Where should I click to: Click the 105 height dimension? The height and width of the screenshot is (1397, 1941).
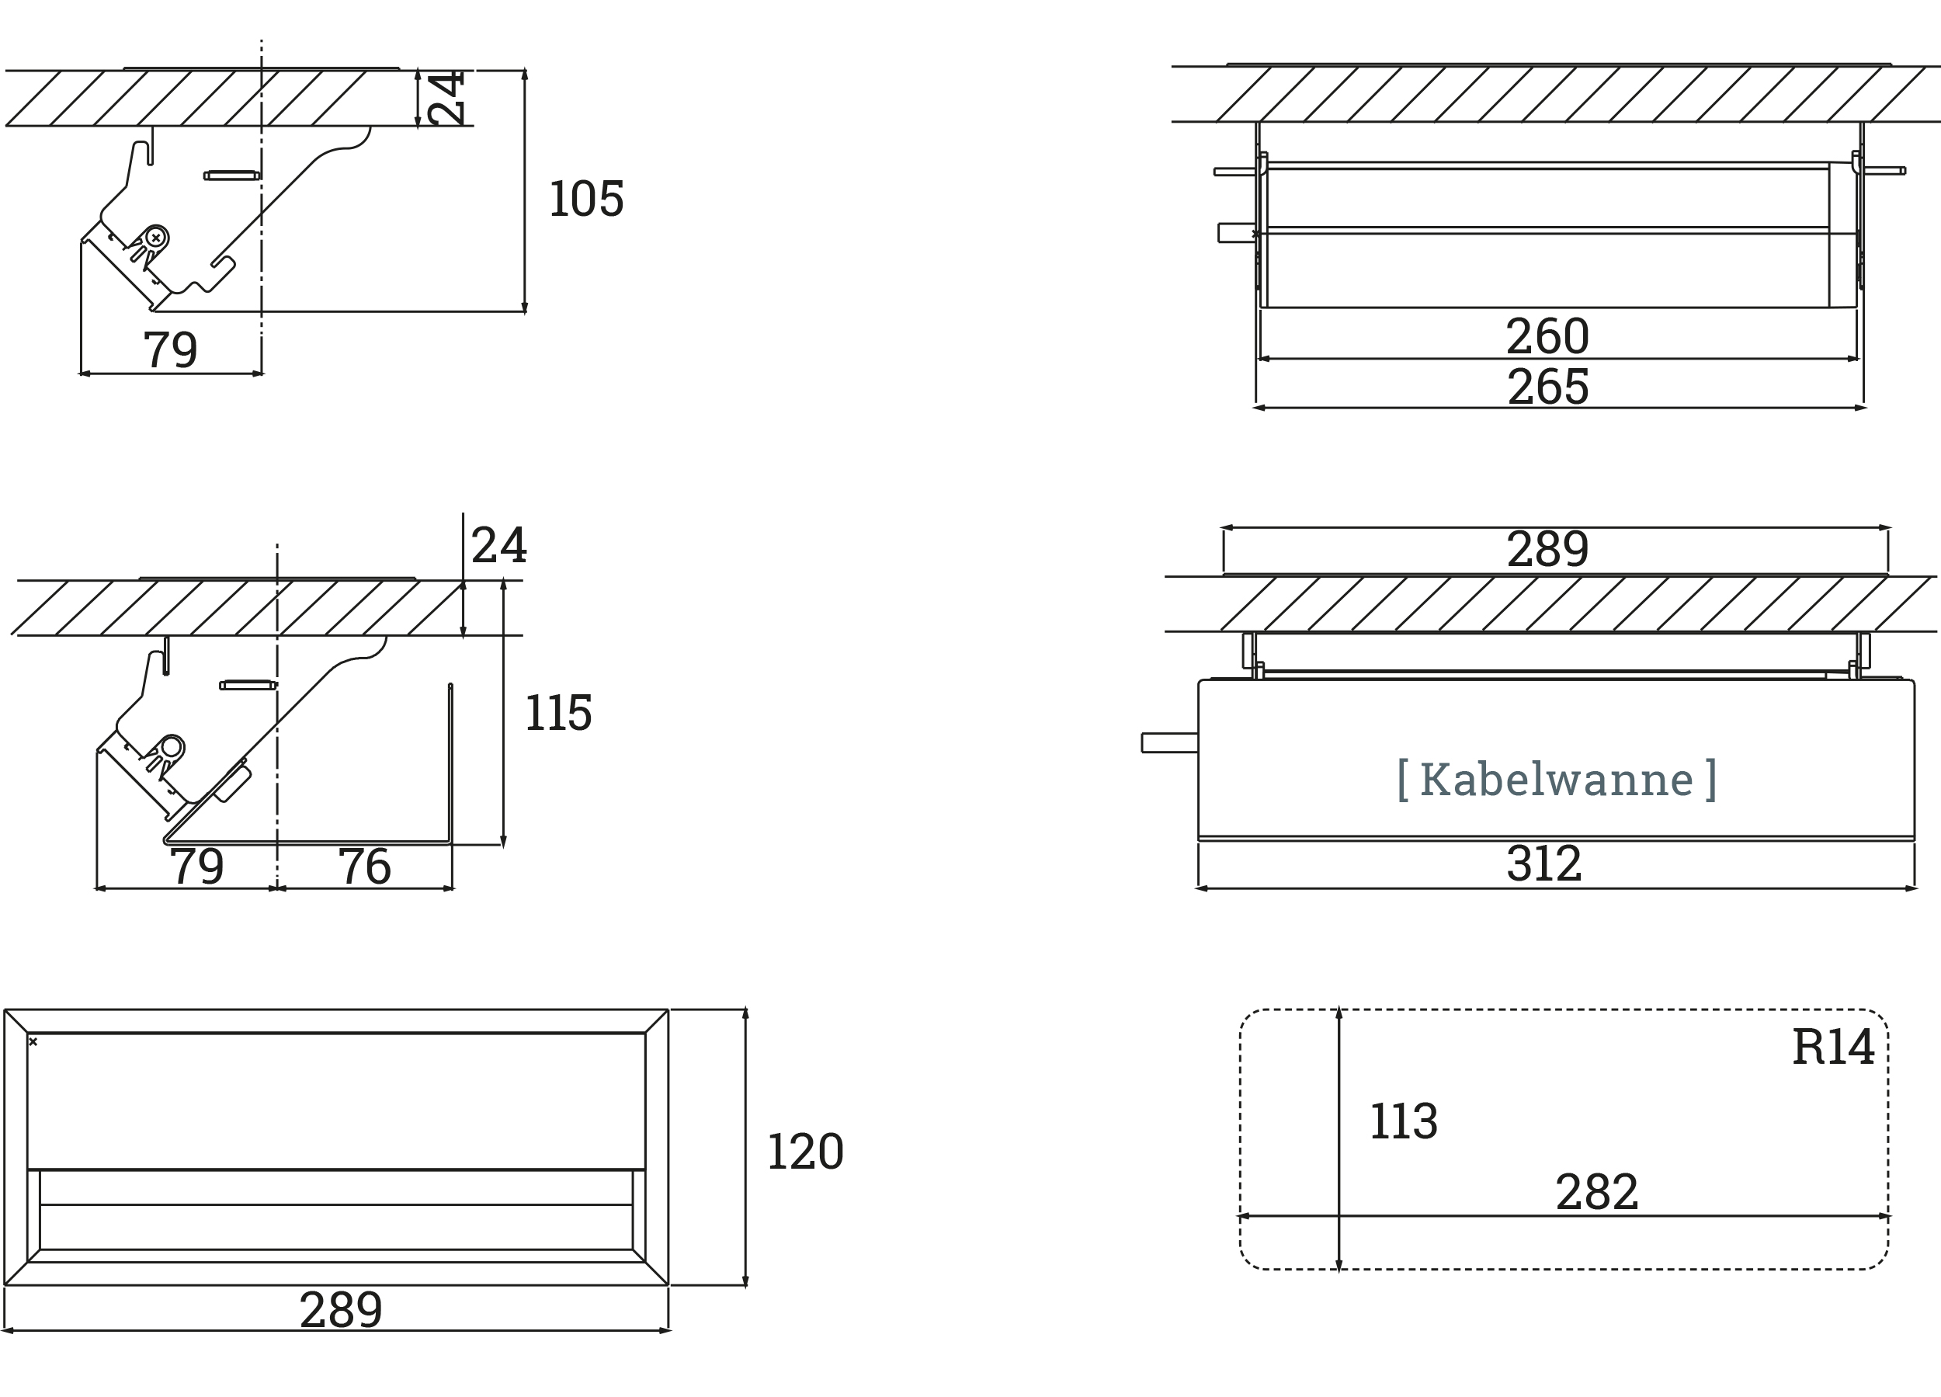[x=586, y=199]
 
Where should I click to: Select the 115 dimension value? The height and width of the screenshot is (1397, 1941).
[x=558, y=712]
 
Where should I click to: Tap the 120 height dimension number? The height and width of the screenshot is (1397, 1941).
[x=805, y=1152]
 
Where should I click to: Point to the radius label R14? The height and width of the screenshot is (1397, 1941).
[x=1833, y=1046]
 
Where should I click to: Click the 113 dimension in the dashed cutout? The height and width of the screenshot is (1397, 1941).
[x=1404, y=1121]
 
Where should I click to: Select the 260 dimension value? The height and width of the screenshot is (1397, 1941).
[x=1547, y=335]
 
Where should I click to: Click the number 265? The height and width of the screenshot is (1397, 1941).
[x=1548, y=387]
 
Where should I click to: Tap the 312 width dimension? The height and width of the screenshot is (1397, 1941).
[x=1545, y=864]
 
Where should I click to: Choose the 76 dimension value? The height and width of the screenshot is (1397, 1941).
[x=365, y=867]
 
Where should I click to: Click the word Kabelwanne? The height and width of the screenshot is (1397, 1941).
[x=1557, y=779]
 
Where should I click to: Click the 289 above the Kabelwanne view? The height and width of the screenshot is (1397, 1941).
[x=1547, y=549]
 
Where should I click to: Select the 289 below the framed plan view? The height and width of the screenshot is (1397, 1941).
[x=341, y=1310]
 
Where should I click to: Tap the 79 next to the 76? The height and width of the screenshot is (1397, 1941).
[x=197, y=867]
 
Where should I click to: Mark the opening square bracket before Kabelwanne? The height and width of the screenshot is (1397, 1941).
[x=1403, y=779]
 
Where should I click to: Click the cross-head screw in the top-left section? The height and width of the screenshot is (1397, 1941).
[x=156, y=238]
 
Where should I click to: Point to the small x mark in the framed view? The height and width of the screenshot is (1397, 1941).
[x=33, y=1042]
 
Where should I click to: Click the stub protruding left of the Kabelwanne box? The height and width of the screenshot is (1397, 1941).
[x=1170, y=743]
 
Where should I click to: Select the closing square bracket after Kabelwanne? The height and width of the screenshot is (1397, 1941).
[x=1710, y=779]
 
